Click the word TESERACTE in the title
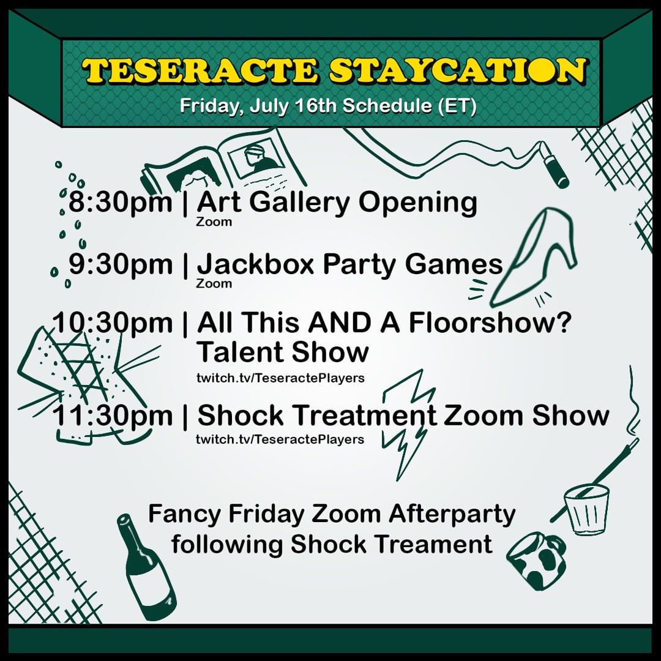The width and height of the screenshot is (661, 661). click(x=200, y=70)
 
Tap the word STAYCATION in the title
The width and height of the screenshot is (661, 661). click(x=458, y=70)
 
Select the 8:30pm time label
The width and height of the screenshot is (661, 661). click(x=121, y=203)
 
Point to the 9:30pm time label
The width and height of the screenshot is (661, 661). click(x=121, y=265)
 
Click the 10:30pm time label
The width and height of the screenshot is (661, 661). click(x=113, y=323)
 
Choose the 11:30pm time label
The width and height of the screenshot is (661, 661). click(x=113, y=416)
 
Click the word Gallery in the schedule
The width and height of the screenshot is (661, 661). click(x=300, y=203)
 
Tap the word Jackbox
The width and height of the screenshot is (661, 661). click(x=256, y=264)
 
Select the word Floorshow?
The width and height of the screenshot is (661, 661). click(x=490, y=323)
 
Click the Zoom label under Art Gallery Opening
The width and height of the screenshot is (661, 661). click(x=214, y=222)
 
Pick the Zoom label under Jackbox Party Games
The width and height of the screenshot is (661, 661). click(x=214, y=283)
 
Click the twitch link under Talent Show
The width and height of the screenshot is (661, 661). click(x=280, y=378)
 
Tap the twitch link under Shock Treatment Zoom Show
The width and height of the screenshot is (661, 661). click(x=280, y=439)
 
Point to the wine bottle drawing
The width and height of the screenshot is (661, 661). click(x=146, y=567)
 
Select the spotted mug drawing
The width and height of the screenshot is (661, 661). click(x=536, y=561)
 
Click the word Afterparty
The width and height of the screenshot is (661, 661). click(x=452, y=515)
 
